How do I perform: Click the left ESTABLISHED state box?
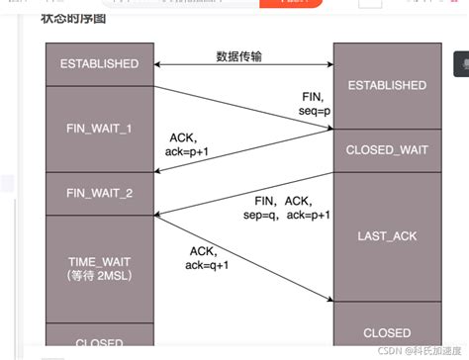[x=99, y=63]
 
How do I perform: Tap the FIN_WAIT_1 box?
[x=99, y=129]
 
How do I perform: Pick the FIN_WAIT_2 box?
[x=99, y=193]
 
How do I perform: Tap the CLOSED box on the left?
[x=99, y=342]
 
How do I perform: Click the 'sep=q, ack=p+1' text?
[x=280, y=215]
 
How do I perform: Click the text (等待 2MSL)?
[x=99, y=274]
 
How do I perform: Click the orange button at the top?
[x=291, y=4]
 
